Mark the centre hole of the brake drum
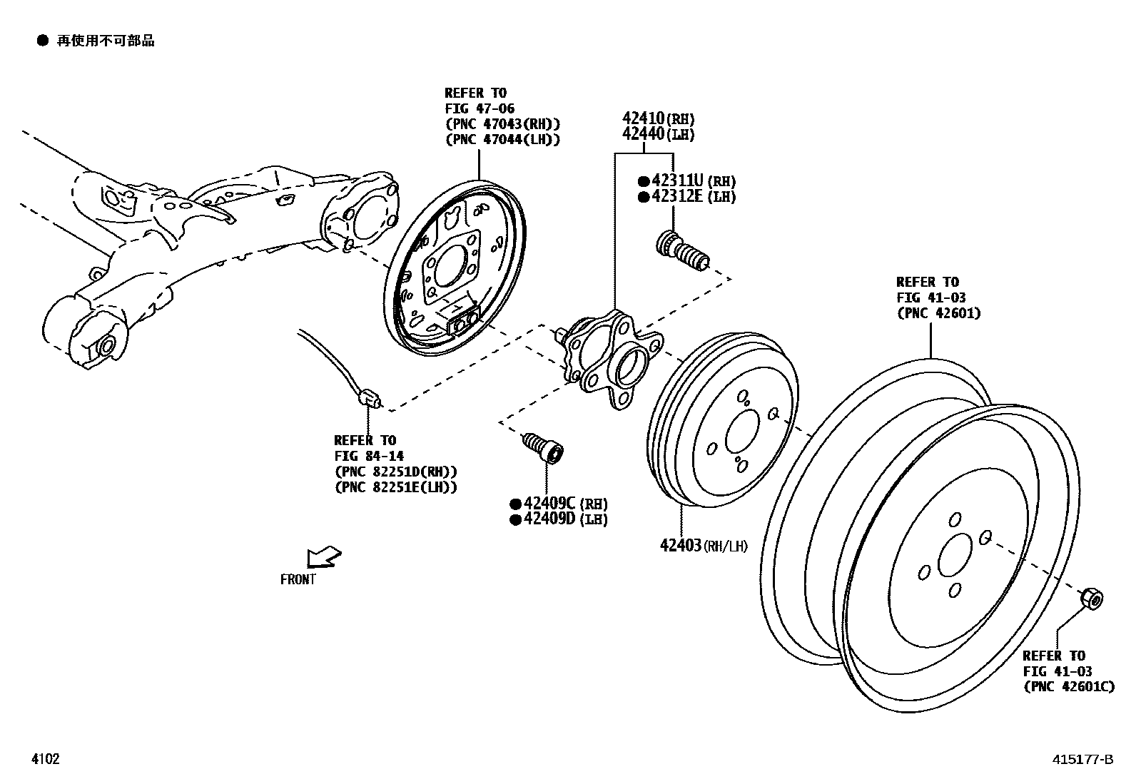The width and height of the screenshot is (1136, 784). pos(742,432)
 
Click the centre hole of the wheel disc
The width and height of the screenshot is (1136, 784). pos(955,555)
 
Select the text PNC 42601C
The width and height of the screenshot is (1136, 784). pos(1068,686)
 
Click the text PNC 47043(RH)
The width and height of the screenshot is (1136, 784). pos(502,124)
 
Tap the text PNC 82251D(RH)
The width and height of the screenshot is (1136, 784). pos(395,472)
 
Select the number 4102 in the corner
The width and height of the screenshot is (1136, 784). pos(44,759)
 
